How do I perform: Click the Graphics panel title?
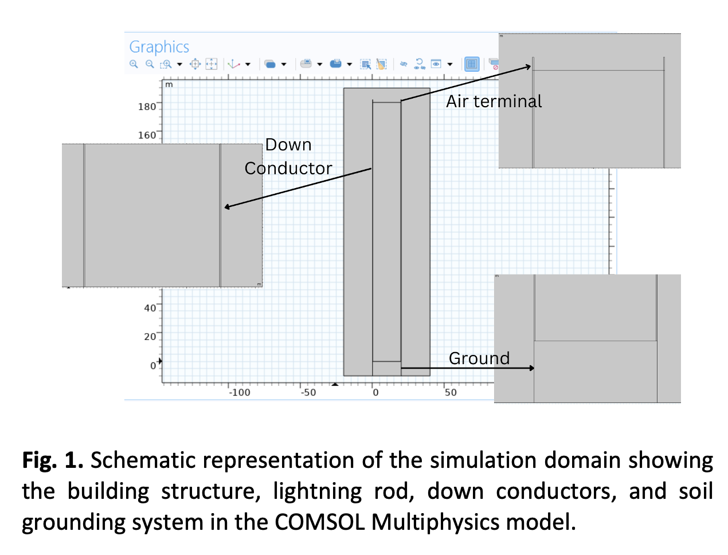click(159, 47)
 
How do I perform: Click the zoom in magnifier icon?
click(134, 64)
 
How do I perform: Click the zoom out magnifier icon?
click(150, 64)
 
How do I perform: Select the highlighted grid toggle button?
click(472, 64)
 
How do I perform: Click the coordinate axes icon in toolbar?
click(233, 64)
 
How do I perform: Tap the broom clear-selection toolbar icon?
click(381, 64)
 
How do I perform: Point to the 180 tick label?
click(147, 107)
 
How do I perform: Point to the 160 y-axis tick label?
click(147, 135)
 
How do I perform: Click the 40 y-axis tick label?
click(150, 308)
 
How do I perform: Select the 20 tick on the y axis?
click(150, 337)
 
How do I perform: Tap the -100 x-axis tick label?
click(240, 393)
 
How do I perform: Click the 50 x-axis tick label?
click(451, 393)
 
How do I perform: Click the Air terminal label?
click(494, 101)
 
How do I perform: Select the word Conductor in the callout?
click(288, 169)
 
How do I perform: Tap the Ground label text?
click(479, 358)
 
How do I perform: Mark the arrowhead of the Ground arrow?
click(532, 368)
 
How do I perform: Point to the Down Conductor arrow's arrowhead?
click(228, 207)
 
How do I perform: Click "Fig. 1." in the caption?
click(53, 460)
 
